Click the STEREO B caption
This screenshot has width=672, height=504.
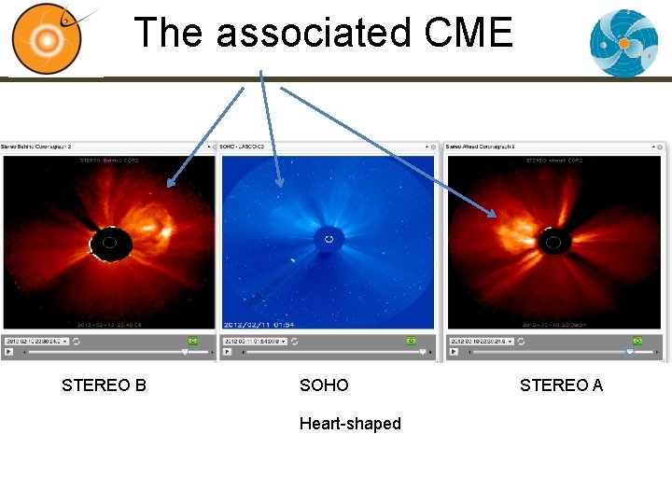[x=104, y=385]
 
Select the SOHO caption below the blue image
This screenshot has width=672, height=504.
[x=324, y=385]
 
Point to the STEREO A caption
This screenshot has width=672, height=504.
[x=561, y=385]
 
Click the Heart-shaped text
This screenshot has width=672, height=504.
[x=350, y=424]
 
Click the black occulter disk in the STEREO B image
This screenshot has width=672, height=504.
[x=110, y=245]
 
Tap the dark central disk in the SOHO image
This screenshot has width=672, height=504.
[x=328, y=240]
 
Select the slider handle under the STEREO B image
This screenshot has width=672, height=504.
[x=185, y=353]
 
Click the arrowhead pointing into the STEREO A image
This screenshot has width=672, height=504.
[x=495, y=216]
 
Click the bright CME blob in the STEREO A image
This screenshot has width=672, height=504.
[x=512, y=226]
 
